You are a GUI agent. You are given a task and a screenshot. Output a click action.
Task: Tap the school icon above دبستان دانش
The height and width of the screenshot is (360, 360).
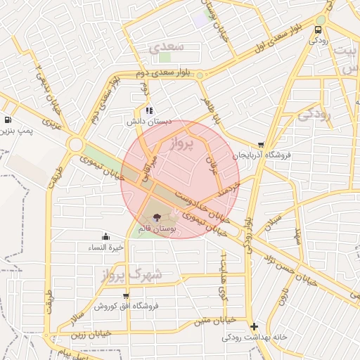click(x=148, y=110)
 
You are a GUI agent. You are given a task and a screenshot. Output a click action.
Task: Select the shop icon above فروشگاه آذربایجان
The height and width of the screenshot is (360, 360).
click(x=261, y=144)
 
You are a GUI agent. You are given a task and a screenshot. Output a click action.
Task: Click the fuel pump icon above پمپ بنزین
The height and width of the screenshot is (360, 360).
click(x=7, y=120)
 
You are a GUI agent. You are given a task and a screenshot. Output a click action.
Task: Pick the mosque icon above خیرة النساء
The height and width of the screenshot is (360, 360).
click(x=105, y=236)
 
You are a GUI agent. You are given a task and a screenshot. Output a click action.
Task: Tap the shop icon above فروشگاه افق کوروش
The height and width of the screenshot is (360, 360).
click(x=126, y=296)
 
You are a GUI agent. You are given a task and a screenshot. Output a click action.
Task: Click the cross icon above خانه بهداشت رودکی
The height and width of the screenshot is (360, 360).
click(x=254, y=326)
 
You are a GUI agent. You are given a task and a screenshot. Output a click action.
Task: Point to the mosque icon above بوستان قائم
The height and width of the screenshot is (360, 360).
click(x=156, y=216)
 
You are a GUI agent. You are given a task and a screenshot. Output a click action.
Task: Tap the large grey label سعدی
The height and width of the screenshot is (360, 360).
click(x=166, y=47)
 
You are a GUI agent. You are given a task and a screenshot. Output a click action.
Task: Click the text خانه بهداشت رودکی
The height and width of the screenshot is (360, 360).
click(x=255, y=337)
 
